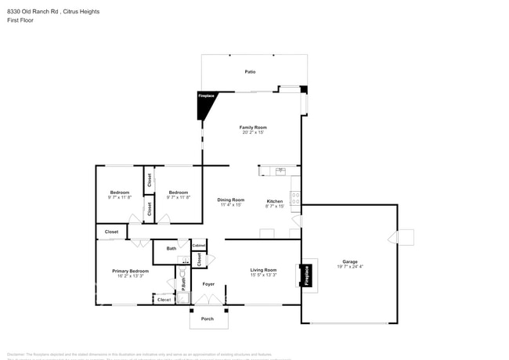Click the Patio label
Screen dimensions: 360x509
coord(250,72)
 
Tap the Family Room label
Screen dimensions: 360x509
coord(253,127)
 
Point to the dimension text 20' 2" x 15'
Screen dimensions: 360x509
coord(253,132)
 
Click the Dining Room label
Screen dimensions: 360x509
coord(231,200)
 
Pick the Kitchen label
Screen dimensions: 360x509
coord(274,200)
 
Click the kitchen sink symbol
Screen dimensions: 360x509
coord(280,170)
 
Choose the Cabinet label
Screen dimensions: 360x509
coord(199,246)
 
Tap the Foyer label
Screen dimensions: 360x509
coord(208,284)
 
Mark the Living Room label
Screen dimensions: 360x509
coord(263,270)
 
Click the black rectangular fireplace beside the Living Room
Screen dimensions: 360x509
coord(308,275)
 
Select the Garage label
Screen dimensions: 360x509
coord(349,261)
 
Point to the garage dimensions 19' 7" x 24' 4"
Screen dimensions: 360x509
coord(349,267)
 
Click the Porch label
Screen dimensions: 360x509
coord(208,319)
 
